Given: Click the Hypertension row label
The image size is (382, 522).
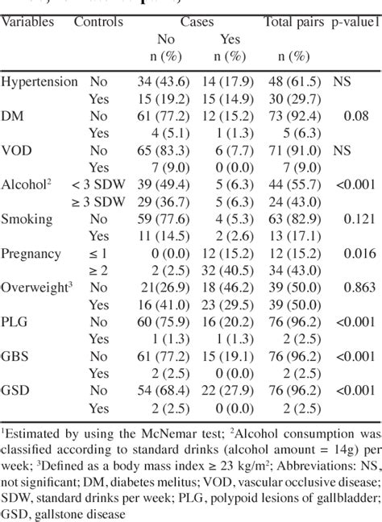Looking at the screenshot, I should click(39, 82).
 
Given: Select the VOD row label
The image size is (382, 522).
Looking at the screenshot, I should click(19, 150).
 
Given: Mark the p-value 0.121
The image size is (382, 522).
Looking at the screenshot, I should click(348, 218).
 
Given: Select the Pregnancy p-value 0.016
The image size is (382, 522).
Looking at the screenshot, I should click(348, 253).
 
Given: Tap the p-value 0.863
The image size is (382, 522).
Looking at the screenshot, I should click(348, 288).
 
